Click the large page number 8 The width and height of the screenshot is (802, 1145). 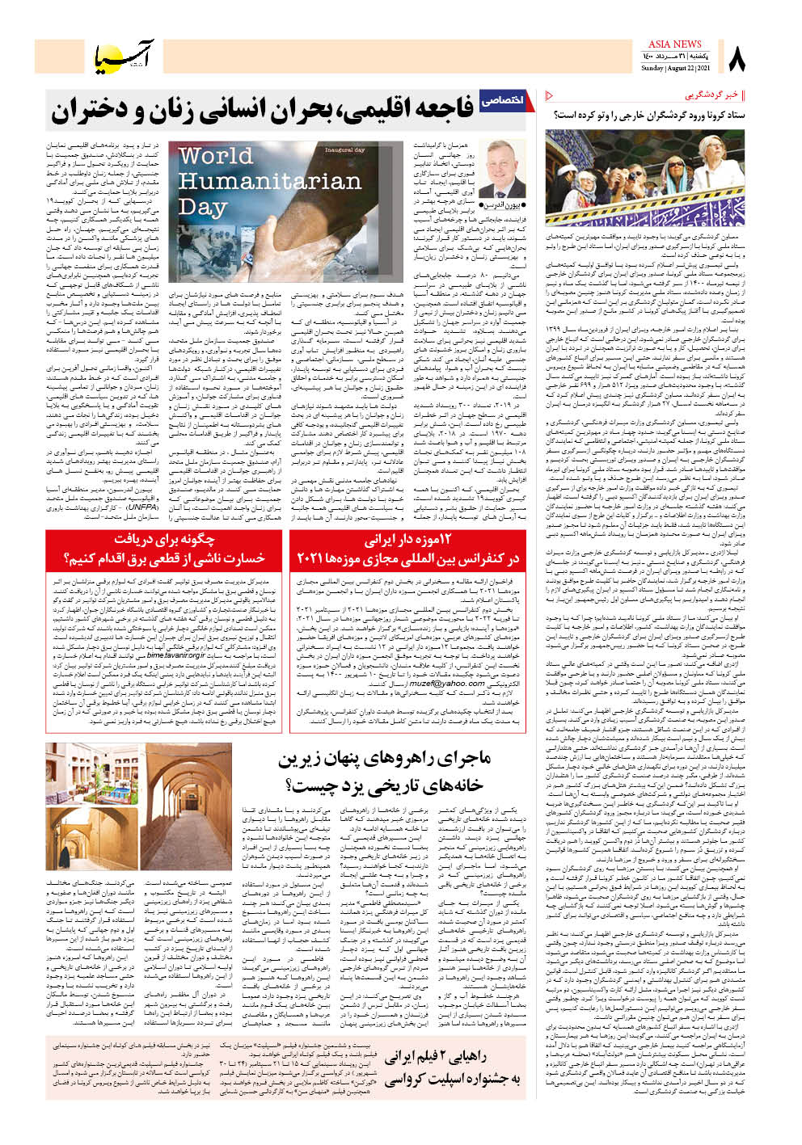pyautogui.click(x=737, y=59)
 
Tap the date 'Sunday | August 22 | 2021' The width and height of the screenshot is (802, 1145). pyautogui.click(x=676, y=69)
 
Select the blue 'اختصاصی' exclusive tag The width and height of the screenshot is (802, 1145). pyautogui.click(x=502, y=100)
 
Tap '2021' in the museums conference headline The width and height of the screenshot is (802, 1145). pyautogui.click(x=310, y=558)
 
